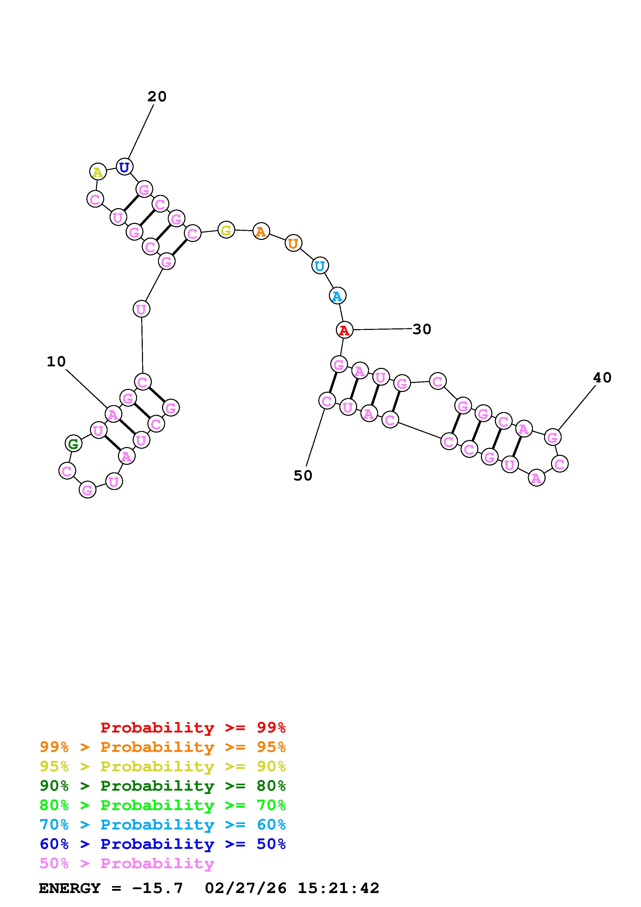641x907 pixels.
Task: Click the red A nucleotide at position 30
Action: [x=344, y=330]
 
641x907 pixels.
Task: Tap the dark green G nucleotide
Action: [x=73, y=444]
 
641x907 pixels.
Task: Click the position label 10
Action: [x=56, y=361]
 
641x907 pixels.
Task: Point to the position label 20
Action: [x=157, y=96]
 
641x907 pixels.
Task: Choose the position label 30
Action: [x=422, y=329]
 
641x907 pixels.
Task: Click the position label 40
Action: [x=602, y=378]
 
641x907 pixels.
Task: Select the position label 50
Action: [x=303, y=476]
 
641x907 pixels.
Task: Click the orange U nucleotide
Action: [x=293, y=243]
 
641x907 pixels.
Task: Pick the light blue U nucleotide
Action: [x=320, y=266]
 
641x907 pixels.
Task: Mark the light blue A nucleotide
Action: [x=337, y=296]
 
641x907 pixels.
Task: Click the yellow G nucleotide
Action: [x=226, y=230]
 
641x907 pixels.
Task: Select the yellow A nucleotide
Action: [x=97, y=172]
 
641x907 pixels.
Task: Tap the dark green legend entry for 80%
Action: [x=163, y=786]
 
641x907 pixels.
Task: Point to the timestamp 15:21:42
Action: [x=338, y=888]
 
